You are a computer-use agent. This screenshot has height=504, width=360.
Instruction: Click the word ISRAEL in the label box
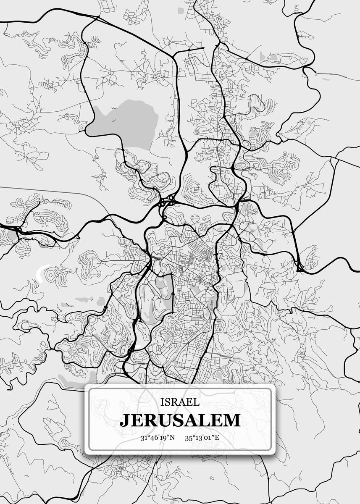coord(180,402)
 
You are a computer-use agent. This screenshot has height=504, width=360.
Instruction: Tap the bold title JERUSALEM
coord(180,420)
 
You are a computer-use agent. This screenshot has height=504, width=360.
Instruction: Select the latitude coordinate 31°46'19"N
coord(158,438)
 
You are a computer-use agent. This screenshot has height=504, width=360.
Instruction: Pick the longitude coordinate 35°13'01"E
coord(202,438)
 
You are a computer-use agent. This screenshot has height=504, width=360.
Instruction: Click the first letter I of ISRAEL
coord(162,402)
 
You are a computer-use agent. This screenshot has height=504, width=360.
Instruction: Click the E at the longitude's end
coord(218,438)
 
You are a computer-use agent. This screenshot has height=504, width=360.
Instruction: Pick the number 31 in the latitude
coord(144,438)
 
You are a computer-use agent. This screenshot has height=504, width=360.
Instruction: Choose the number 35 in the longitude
coord(189,438)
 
